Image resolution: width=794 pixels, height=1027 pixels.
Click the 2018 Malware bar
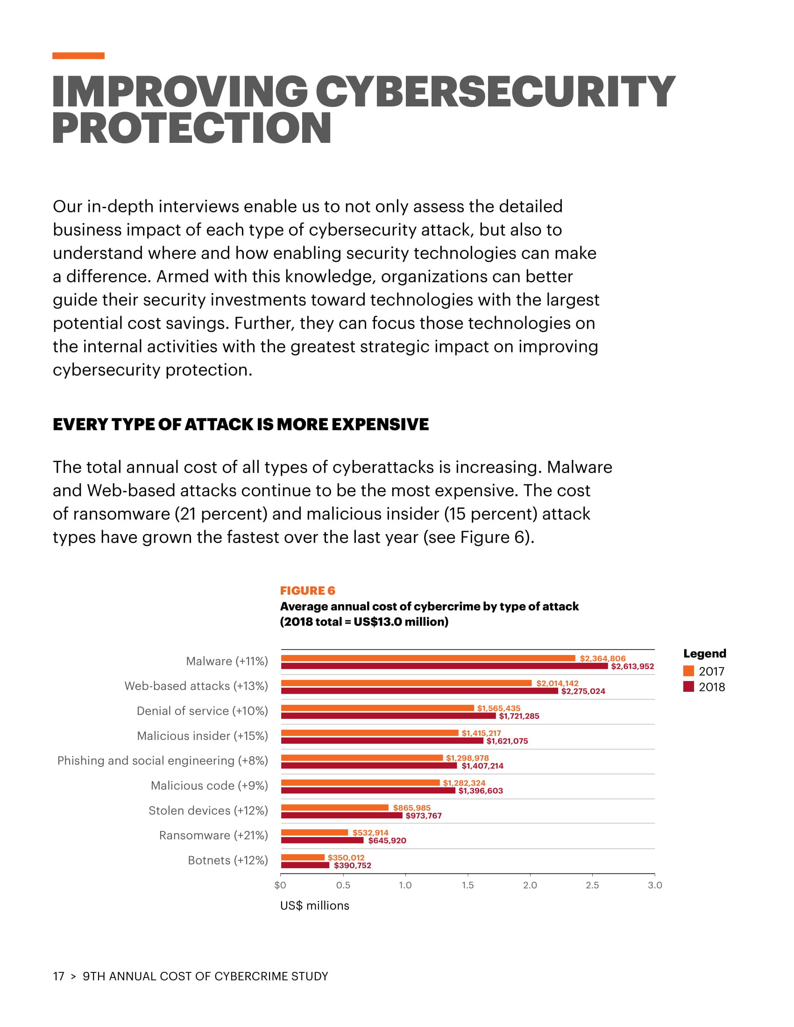point(444,666)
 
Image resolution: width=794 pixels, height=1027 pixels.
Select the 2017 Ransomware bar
point(314,832)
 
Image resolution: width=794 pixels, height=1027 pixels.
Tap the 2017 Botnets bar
point(303,857)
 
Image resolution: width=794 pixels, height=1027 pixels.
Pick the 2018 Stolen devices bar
point(341,816)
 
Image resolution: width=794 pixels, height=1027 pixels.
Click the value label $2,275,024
point(583,691)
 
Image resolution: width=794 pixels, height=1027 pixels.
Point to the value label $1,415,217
point(481,733)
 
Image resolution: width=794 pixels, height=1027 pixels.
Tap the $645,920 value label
point(387,840)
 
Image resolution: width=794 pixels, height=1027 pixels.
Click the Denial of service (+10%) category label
point(202,711)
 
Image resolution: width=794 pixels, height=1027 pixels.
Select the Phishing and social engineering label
point(162,761)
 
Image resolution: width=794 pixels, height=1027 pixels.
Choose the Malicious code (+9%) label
point(209,786)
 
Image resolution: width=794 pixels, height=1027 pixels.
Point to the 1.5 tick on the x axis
point(468,885)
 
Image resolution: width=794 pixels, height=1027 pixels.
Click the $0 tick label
point(280,885)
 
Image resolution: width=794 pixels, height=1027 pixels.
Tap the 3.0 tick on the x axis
point(655,885)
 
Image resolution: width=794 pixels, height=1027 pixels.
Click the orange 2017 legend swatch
point(688,671)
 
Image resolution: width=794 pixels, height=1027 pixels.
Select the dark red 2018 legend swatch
point(688,687)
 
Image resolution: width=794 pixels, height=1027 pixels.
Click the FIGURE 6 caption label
point(308,591)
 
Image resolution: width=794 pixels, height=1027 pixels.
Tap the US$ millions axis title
point(315,906)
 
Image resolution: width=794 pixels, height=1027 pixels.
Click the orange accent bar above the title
point(78,56)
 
